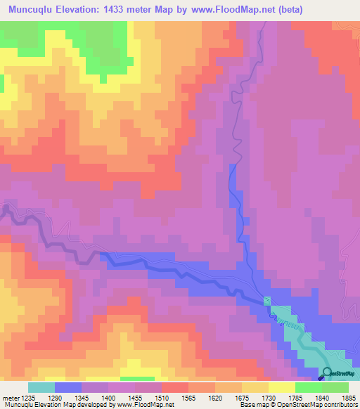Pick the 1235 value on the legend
(x=28, y=398)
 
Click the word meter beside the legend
(x=9, y=398)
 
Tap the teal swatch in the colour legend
(x=41, y=387)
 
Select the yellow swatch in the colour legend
(x=281, y=387)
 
